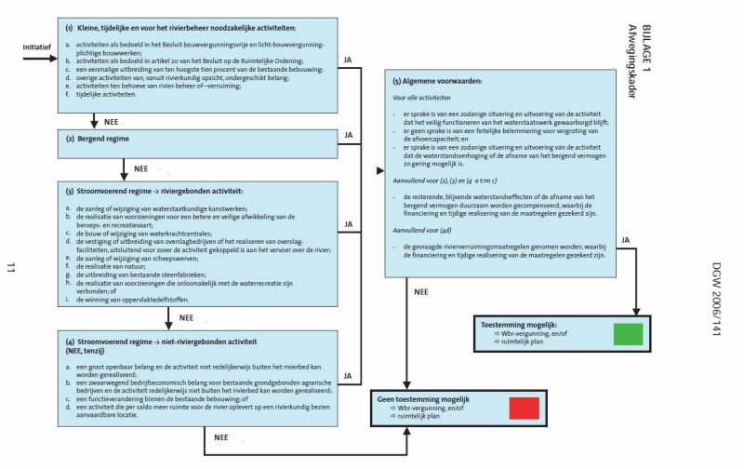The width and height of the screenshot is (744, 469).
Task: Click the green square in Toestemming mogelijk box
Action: [x=629, y=335]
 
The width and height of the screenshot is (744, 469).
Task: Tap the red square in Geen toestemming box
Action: [x=525, y=409]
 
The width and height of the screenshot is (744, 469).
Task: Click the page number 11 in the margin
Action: [x=11, y=269]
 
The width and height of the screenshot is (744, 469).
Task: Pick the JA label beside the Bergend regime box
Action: [x=349, y=135]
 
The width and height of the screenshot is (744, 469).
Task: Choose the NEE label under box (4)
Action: [x=220, y=435]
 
